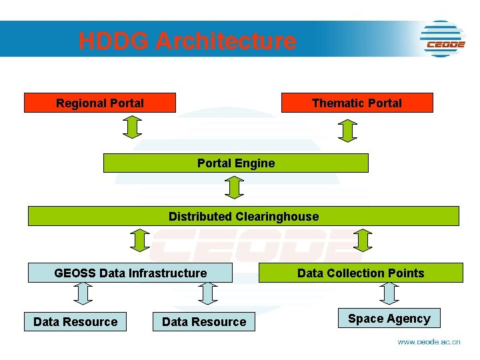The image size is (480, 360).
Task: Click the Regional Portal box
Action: (x=100, y=103)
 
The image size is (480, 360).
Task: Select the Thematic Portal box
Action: (x=357, y=103)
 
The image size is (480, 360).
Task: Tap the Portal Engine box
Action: (x=235, y=163)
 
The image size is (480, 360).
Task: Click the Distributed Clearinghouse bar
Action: (x=243, y=216)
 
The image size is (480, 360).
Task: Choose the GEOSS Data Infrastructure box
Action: (x=131, y=273)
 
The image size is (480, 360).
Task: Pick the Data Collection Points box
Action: (x=361, y=273)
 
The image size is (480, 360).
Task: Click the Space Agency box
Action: (x=389, y=319)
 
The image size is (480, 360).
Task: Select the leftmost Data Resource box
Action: (x=75, y=322)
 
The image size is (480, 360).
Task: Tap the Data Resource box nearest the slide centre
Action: (x=204, y=322)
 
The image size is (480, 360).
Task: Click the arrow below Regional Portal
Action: (x=133, y=127)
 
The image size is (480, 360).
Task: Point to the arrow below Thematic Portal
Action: (x=348, y=130)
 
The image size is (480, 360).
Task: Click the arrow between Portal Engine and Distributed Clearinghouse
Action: (x=234, y=187)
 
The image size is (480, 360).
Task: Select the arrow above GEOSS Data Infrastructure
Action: (x=139, y=240)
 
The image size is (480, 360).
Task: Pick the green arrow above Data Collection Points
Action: (x=363, y=240)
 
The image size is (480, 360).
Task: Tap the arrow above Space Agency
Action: (x=389, y=293)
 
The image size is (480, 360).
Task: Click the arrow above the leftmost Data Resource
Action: (x=82, y=293)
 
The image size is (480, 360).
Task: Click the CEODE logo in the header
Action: (x=443, y=39)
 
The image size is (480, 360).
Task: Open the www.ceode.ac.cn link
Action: (x=429, y=341)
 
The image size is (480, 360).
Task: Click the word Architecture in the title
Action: (x=226, y=41)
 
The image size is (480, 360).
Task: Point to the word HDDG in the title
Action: (x=113, y=41)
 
